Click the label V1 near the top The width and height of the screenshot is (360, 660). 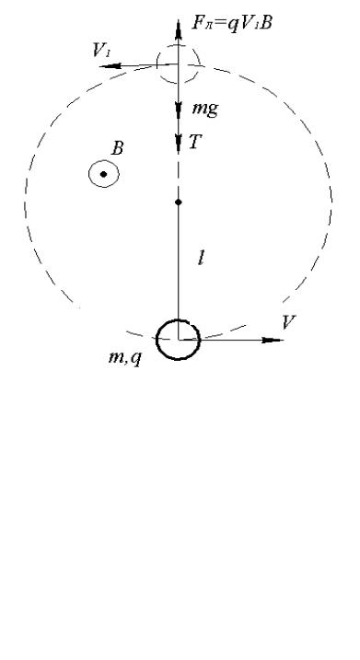coord(101,50)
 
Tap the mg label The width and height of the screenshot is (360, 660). coord(204,109)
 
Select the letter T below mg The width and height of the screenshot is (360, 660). coord(194,143)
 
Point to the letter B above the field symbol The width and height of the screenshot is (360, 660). coord(117,148)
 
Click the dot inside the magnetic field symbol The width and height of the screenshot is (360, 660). coord(103,174)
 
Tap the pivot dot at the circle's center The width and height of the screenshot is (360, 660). coord(178,203)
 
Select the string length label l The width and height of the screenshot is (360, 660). coord(202,259)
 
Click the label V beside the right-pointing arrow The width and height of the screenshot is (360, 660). coord(290,322)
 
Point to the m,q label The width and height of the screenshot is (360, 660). coord(124,358)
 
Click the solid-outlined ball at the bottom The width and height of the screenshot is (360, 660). coord(178,360)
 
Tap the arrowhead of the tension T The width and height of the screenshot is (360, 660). coord(178,142)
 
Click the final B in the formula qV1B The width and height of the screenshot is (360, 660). coord(265,22)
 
